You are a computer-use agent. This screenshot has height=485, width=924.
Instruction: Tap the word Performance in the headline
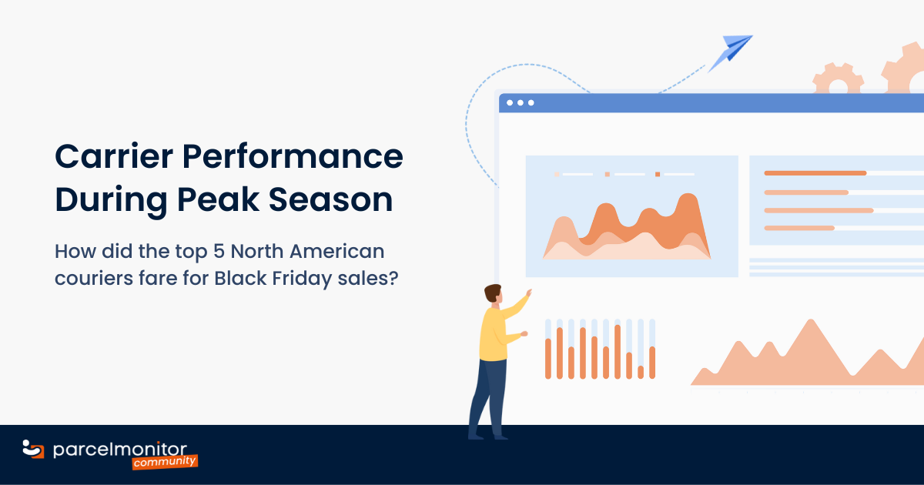tap(292, 157)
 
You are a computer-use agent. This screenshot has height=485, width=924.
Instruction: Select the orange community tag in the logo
tap(164, 462)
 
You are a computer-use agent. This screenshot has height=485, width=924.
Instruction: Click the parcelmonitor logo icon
tap(33, 449)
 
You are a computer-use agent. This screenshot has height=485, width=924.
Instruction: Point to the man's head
tap(493, 294)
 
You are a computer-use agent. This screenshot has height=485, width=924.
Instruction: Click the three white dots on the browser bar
tap(520, 102)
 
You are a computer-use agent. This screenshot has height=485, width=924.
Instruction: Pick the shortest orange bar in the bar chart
tap(641, 372)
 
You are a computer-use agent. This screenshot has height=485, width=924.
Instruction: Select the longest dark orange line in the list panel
tap(815, 173)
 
